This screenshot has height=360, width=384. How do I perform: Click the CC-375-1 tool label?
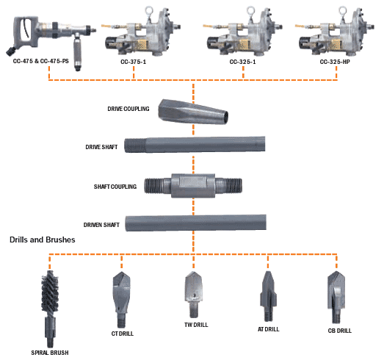pyautogui.click(x=133, y=62)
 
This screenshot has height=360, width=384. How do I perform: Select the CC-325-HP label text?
pyautogui.click(x=335, y=62)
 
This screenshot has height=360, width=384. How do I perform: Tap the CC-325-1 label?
pyautogui.click(x=242, y=62)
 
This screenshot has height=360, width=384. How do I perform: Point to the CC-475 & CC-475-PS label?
pyautogui.click(x=41, y=61)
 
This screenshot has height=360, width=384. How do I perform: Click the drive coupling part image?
pyautogui.click(x=193, y=112)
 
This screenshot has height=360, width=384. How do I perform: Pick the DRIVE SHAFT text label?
pyautogui.click(x=101, y=147)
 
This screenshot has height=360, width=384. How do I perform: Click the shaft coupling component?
pyautogui.click(x=193, y=186)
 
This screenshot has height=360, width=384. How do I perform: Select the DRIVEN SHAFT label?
pyautogui.click(x=101, y=225)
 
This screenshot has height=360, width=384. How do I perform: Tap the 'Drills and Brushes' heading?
pyautogui.click(x=43, y=240)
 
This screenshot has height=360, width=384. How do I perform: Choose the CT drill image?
pyautogui.click(x=121, y=300)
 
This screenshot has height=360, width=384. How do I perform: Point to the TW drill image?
pyautogui.click(x=194, y=295)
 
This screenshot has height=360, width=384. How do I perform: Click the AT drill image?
pyautogui.click(x=268, y=296)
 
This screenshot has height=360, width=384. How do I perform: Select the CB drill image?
pyautogui.click(x=336, y=298)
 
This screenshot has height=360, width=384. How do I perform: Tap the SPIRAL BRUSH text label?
pyautogui.click(x=50, y=353)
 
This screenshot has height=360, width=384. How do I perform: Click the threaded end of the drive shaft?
pyautogui.click(x=135, y=145)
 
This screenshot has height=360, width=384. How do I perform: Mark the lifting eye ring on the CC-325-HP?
pyautogui.click(x=342, y=11)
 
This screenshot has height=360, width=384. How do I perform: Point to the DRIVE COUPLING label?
pyautogui.click(x=128, y=109)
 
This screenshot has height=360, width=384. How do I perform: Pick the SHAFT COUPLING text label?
pyautogui.click(x=115, y=187)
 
